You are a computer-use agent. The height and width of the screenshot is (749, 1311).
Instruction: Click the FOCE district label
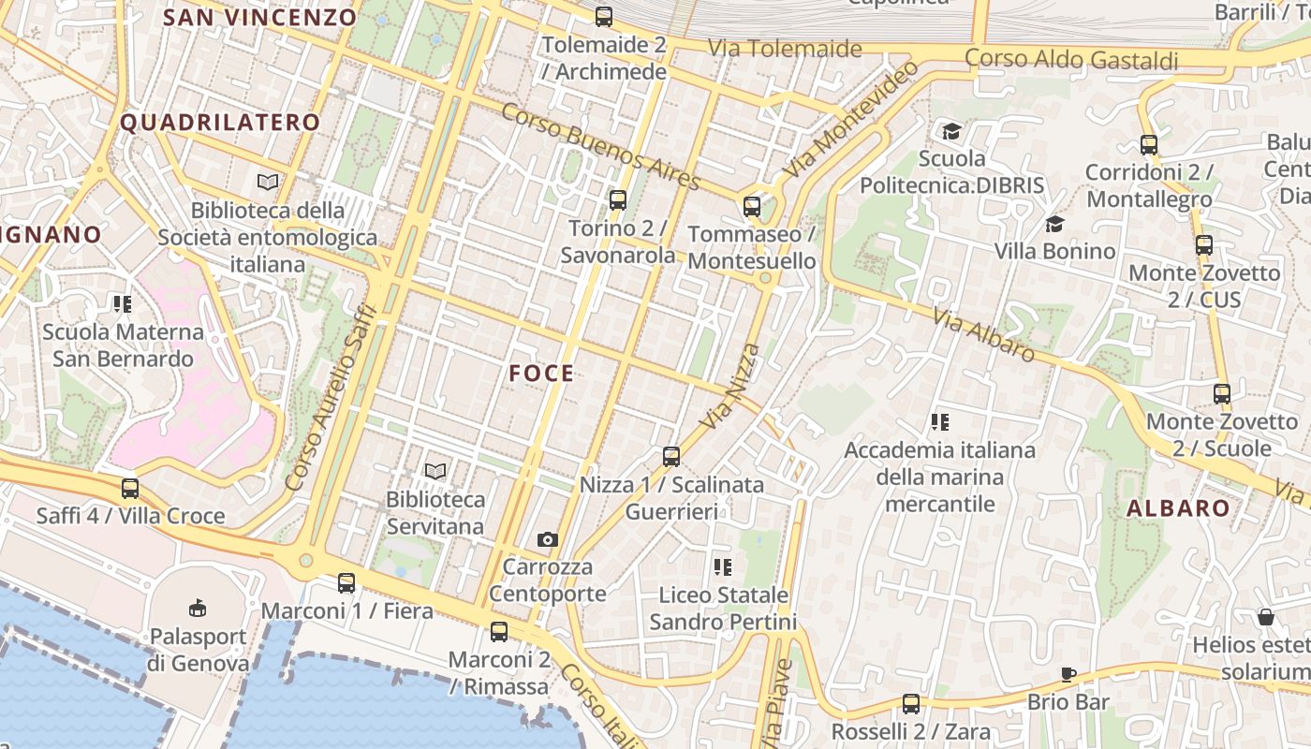pos(541,374)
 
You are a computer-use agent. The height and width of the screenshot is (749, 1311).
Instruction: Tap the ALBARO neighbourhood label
pos(1178,508)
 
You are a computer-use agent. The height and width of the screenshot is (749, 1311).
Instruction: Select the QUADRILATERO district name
pos(220,122)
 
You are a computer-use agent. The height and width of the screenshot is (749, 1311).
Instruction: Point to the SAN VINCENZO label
pos(260,17)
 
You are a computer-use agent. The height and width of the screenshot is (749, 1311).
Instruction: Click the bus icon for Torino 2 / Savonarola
pos(617,199)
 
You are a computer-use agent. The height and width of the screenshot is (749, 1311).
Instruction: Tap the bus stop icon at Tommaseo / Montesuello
pos(751,207)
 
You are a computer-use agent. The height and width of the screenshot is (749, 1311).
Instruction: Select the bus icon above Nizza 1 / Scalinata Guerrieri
pos(670,457)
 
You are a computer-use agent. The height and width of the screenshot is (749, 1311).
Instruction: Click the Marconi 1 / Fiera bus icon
pos(346,583)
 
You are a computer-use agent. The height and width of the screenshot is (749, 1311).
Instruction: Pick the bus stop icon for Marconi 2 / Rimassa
pos(498,632)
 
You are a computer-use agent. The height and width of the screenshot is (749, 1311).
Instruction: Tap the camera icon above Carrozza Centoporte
pos(548,539)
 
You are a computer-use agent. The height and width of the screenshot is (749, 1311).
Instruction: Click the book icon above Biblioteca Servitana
pos(435,471)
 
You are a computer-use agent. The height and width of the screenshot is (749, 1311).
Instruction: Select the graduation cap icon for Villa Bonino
pos(1054,224)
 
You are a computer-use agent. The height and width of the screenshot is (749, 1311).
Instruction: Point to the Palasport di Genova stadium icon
pos(197,609)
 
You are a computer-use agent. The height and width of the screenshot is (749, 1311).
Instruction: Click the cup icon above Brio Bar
pos(1068,674)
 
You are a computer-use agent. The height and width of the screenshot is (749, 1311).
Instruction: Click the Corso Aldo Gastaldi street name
pos(1071,60)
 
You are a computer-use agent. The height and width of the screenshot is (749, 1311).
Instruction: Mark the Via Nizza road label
pos(730,386)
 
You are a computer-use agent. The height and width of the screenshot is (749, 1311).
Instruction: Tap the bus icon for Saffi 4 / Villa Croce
pos(130,489)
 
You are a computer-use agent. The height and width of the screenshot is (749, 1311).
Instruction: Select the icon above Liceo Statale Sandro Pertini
pos(722,566)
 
